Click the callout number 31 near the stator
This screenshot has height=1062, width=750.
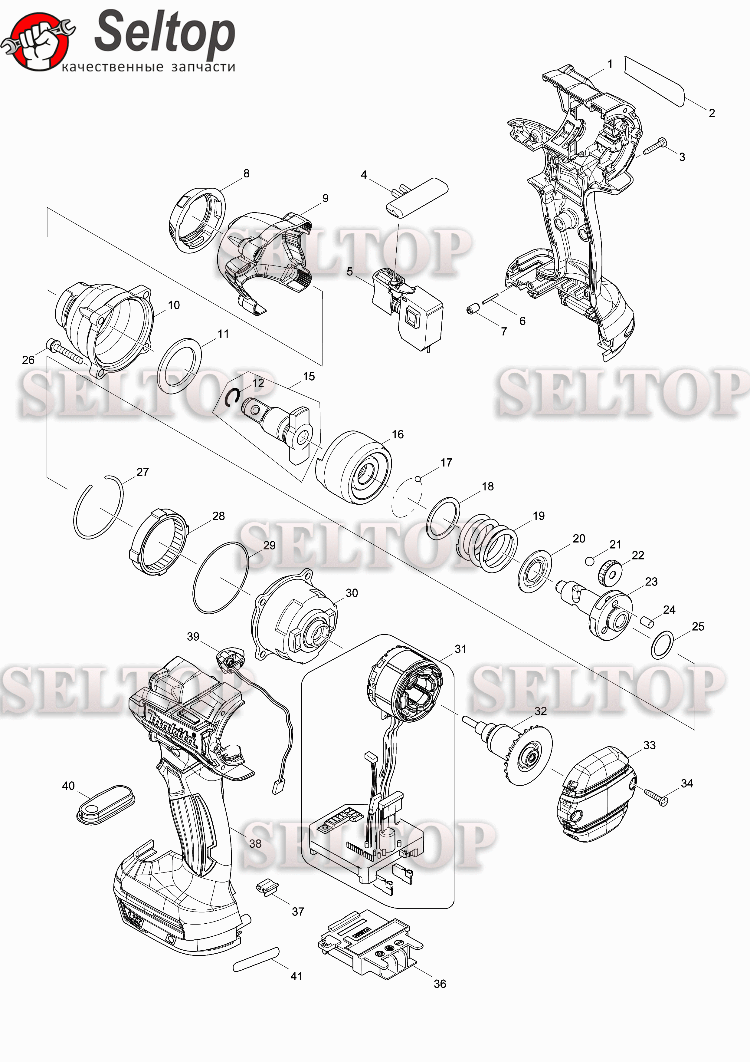460,649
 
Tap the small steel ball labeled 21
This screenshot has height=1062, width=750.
589,561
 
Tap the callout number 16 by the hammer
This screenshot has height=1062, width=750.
398,434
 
